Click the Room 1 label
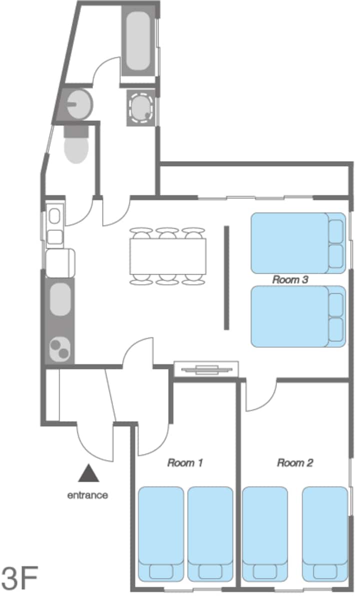tap(185, 463)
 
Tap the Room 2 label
tap(295, 463)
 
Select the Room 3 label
tap(290, 279)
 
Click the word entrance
tap(87, 496)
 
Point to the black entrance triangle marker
tap(88, 474)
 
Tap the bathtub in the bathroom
tap(138, 41)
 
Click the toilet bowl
tap(76, 145)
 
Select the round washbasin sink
tap(79, 104)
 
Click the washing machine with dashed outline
tap(141, 108)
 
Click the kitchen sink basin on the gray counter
tap(60, 299)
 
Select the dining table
tap(168, 256)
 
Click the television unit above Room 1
tap(206, 369)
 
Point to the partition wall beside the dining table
tap(226, 278)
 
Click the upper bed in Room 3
tap(298, 243)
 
